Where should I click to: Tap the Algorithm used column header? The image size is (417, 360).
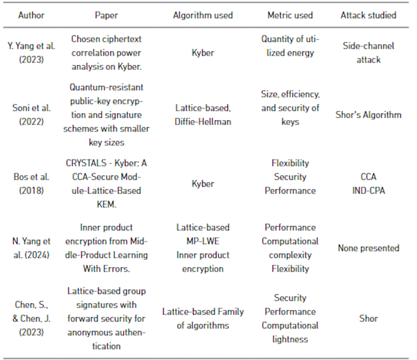(203, 15)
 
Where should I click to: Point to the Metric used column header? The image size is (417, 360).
(290, 15)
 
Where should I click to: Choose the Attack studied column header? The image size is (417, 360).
(368, 15)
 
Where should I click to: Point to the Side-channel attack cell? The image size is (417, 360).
(368, 53)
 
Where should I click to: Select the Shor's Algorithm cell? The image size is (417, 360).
(368, 114)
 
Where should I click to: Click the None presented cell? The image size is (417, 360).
(368, 248)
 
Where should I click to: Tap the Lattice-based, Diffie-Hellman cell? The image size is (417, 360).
(203, 114)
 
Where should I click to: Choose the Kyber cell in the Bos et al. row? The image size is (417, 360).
(203, 184)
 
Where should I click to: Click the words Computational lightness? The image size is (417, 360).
(290, 332)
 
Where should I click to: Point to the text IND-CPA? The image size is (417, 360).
(368, 190)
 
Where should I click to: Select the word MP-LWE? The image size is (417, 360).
(203, 241)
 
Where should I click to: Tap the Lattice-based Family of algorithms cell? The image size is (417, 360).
(203, 318)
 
